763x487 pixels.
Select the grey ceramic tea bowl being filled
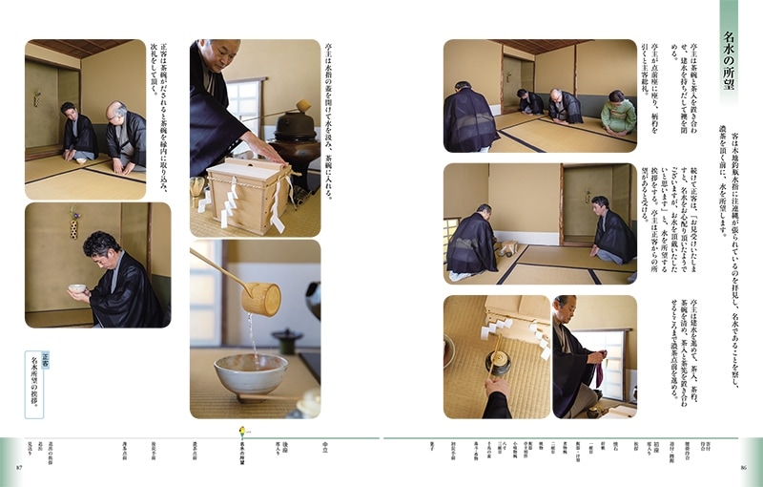click(x=250, y=373)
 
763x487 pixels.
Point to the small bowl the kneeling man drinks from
click(x=76, y=287)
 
